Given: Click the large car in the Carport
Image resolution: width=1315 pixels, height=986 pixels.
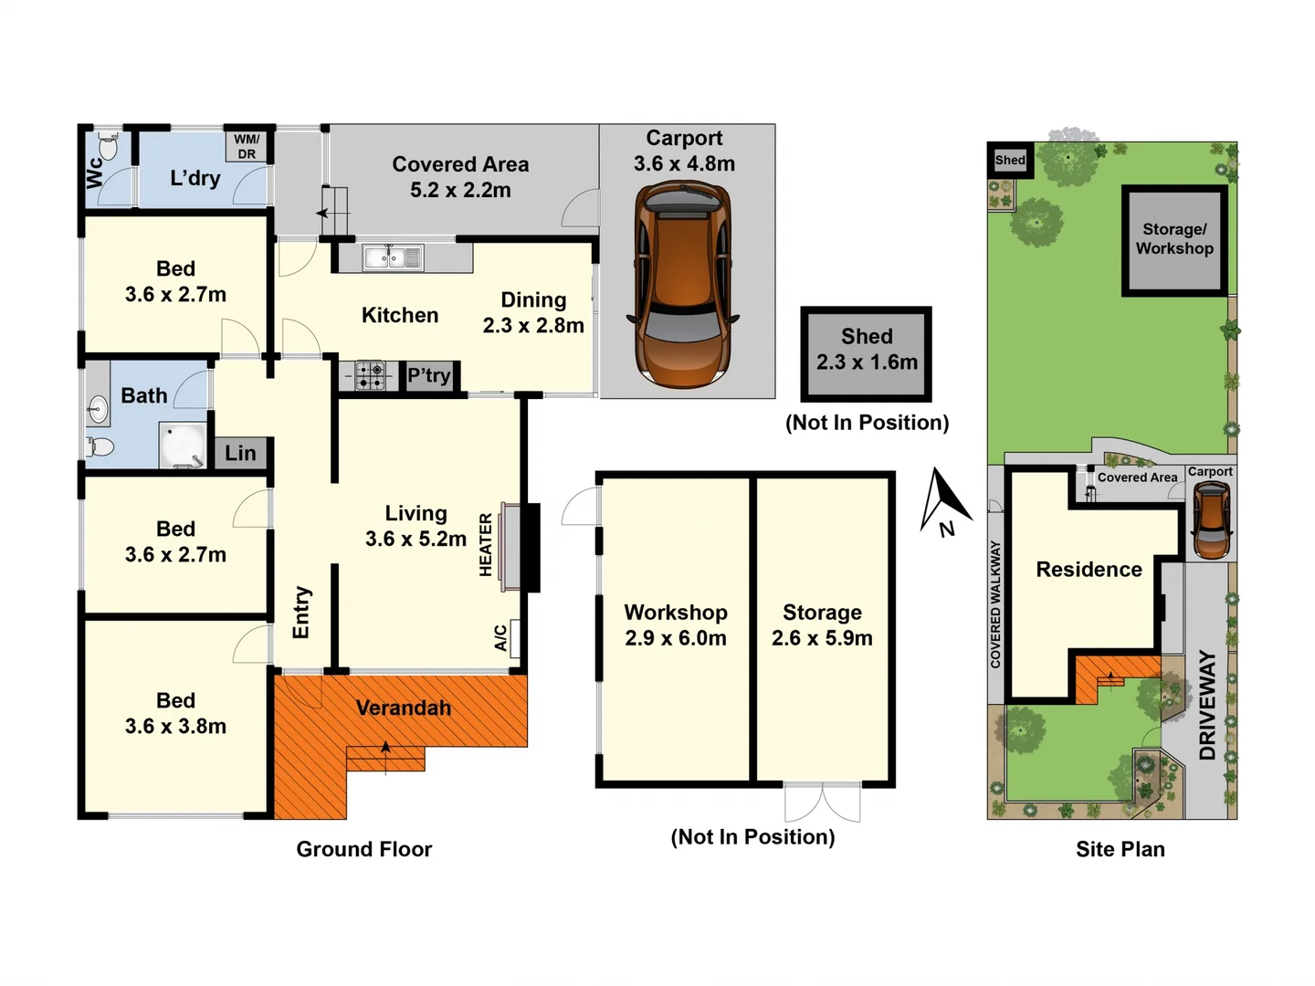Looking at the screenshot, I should [682, 285].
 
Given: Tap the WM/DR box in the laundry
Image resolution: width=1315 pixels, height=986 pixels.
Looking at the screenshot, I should [247, 147].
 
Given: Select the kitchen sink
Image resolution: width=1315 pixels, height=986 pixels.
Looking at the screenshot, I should [394, 258].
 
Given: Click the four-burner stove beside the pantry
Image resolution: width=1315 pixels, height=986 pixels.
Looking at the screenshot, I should [370, 375].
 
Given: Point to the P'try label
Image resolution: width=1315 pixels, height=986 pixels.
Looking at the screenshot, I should [429, 375].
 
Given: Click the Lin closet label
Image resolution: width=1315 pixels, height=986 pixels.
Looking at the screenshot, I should [240, 453].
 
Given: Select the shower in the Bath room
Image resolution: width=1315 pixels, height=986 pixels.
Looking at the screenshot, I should [183, 445].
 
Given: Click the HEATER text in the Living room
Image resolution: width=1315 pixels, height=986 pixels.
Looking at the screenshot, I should [486, 545].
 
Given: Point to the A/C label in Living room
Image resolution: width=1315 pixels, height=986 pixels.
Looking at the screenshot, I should [500, 637].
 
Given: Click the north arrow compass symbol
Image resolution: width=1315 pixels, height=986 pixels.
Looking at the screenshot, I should [944, 502].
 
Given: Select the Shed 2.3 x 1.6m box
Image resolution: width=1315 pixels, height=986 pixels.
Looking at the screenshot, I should [867, 354].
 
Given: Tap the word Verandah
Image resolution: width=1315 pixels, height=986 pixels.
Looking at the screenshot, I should [404, 708].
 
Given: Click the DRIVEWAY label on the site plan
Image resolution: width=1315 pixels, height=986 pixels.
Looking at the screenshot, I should [1207, 705].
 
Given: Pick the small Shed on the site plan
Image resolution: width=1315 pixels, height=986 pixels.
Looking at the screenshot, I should [1010, 160].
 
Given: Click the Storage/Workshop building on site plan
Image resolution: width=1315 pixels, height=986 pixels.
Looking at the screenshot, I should [1174, 240].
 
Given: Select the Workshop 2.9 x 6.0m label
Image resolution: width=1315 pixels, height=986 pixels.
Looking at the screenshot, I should [676, 625].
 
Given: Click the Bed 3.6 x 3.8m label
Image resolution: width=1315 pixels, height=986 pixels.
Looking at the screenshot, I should [175, 713].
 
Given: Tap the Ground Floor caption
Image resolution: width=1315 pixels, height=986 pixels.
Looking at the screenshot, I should [363, 849].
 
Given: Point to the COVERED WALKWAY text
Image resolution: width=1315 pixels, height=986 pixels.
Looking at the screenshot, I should [995, 604].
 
